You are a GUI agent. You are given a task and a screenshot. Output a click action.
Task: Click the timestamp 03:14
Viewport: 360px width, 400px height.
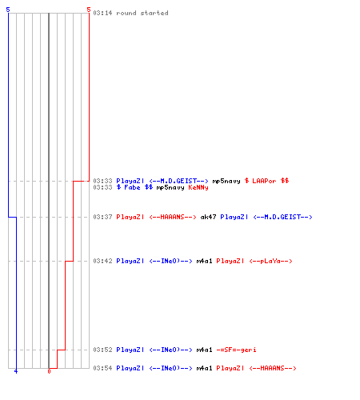[102, 13]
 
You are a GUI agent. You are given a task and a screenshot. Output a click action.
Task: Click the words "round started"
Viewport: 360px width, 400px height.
[142, 13]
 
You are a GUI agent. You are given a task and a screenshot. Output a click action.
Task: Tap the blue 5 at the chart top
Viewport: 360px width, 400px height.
[8, 10]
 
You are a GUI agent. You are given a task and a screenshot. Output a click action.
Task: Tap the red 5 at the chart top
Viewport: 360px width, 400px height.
[89, 10]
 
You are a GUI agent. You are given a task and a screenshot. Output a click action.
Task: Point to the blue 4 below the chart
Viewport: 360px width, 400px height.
[16, 371]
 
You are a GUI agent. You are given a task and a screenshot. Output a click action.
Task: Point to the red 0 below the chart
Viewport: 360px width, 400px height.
[49, 371]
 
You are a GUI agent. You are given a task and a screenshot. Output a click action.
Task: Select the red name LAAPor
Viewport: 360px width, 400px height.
[264, 181]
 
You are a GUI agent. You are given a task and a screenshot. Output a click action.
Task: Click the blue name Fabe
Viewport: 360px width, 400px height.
[132, 187]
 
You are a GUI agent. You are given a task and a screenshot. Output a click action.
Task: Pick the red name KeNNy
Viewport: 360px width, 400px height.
[198, 187]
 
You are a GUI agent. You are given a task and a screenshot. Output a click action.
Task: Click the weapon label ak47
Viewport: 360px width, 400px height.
[208, 217]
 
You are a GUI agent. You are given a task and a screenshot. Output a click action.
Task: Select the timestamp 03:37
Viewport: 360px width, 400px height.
[102, 217]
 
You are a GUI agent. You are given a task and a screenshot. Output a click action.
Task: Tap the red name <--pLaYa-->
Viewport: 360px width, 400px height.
[270, 261]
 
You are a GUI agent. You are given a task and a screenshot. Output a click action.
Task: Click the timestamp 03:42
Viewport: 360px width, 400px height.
[102, 261]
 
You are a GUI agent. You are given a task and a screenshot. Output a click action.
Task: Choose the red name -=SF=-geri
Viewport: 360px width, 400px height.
[236, 350]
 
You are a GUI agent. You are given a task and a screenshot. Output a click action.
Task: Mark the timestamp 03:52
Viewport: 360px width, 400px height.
[102, 350]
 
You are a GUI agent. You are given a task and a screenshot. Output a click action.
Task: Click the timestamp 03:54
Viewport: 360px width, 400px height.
[102, 368]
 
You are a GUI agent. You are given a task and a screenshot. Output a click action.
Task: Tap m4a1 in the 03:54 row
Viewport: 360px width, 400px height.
[204, 368]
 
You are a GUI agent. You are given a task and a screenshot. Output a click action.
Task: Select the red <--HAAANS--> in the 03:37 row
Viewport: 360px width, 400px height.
[173, 217]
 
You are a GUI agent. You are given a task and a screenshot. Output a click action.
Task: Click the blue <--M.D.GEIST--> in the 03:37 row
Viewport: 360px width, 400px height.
[282, 217]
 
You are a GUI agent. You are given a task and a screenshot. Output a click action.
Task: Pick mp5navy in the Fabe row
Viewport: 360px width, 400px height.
[170, 187]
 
